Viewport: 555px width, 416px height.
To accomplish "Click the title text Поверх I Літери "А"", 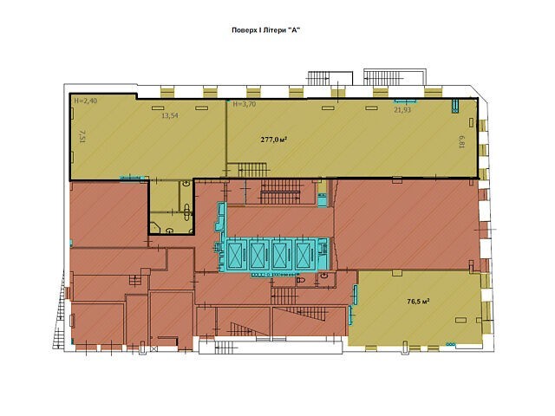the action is pyautogui.click(x=266, y=30).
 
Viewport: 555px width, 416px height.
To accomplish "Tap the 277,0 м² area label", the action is pyautogui.click(x=274, y=140).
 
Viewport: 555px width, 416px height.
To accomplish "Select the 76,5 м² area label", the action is pyautogui.click(x=418, y=302).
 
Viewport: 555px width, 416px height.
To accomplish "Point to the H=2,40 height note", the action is pyautogui.click(x=85, y=101).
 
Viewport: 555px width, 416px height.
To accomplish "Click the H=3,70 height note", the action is pyautogui.click(x=245, y=104).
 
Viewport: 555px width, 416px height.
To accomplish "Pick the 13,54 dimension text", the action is pyautogui.click(x=170, y=115).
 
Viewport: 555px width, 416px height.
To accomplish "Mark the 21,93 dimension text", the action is pyautogui.click(x=402, y=110).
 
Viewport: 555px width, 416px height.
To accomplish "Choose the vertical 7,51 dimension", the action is pyautogui.click(x=82, y=136).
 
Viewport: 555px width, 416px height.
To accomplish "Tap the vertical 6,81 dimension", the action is pyautogui.click(x=461, y=142).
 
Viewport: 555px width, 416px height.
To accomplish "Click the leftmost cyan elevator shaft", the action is pyautogui.click(x=235, y=255).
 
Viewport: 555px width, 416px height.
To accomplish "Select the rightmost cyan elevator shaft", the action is pyautogui.click(x=305, y=255).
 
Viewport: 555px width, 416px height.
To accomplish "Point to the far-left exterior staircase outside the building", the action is pyautogui.click(x=60, y=310).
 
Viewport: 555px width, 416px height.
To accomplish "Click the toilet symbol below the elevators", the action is pyautogui.click(x=301, y=280).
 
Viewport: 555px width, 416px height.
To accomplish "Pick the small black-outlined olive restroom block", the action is pyautogui.click(x=171, y=207).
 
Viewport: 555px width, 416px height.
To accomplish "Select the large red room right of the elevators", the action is pyautogui.click(x=407, y=225).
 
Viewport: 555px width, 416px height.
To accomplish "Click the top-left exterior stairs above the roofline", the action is pyautogui.click(x=318, y=78).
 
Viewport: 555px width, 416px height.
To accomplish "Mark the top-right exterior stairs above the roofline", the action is pyautogui.click(x=383, y=78).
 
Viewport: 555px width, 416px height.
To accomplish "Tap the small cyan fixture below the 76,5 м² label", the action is pyautogui.click(x=451, y=343).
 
